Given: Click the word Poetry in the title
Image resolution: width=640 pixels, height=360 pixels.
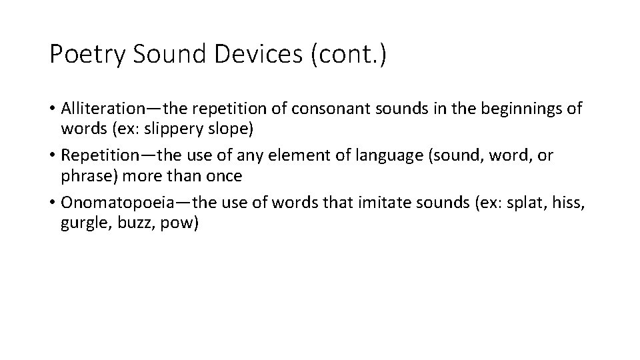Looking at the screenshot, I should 86,55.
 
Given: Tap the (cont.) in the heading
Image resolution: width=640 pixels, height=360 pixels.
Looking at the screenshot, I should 347,55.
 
